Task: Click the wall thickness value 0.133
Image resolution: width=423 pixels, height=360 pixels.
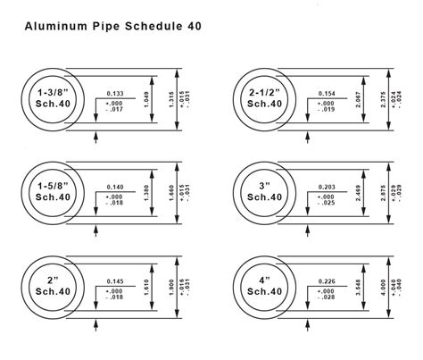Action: tap(114, 93)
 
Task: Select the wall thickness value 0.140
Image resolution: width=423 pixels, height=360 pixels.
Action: tap(114, 188)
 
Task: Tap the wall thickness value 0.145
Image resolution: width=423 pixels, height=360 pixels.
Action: tap(114, 282)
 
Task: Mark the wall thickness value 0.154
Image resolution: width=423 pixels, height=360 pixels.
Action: tap(328, 93)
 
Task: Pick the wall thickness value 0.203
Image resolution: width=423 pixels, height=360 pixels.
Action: tap(328, 188)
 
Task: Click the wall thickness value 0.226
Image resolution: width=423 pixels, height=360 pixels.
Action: tap(328, 282)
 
